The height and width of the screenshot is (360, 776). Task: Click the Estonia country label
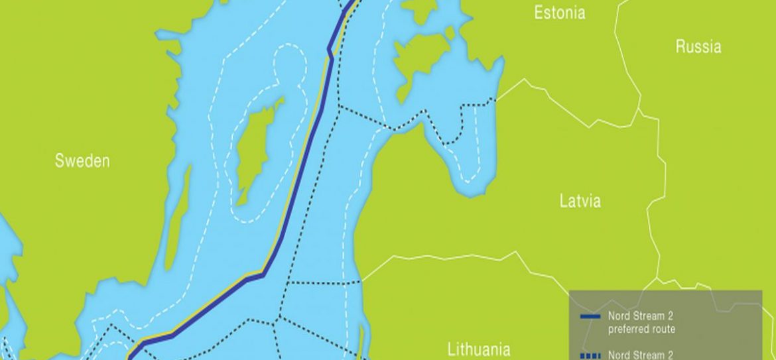point(560,13)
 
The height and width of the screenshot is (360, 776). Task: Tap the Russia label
point(698,46)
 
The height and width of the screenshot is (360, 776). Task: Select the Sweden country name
point(82,160)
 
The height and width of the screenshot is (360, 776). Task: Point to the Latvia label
point(580,201)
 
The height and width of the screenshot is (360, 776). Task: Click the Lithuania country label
point(479,349)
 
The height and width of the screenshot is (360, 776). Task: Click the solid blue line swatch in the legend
point(590,317)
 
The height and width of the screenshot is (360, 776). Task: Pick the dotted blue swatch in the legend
point(590,356)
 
